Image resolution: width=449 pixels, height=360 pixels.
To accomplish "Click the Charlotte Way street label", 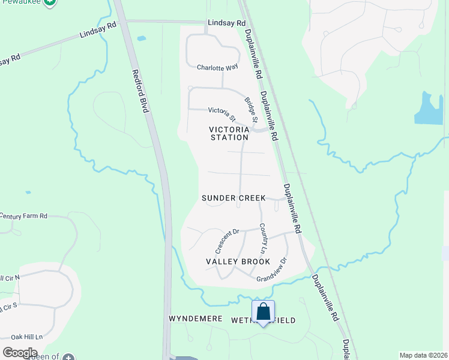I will point(214,67).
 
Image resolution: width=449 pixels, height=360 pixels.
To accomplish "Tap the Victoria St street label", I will point(221,110).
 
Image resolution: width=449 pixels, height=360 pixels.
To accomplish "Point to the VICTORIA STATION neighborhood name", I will point(229,133).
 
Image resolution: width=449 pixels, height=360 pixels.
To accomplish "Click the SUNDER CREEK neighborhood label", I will point(234,198).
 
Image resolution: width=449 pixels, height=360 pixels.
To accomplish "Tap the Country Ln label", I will point(262,238).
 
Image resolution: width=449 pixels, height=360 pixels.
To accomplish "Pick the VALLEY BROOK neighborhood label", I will point(238,262).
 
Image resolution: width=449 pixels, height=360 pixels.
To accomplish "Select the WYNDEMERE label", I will point(196,319).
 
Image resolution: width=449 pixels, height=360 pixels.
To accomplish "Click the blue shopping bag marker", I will point(263,312).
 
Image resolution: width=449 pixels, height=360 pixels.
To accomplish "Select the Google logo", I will point(20,353).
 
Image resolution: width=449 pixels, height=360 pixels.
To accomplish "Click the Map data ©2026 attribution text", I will point(423,355).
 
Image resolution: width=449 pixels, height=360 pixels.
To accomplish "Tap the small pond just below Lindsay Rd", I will point(141,39).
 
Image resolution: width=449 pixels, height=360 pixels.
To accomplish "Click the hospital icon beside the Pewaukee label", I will point(51,2).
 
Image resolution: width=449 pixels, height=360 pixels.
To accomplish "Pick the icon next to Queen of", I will point(68,357).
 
